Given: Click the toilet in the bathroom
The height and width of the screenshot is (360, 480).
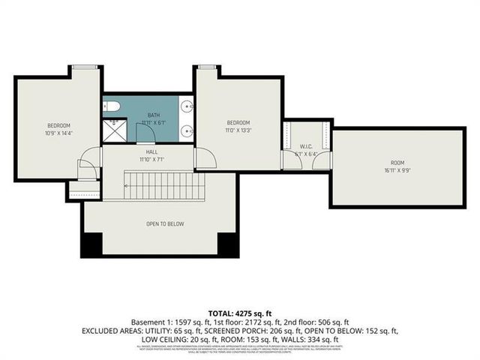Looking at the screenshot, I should click(x=109, y=105).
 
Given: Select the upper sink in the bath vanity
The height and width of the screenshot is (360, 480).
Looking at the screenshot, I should click(x=187, y=106).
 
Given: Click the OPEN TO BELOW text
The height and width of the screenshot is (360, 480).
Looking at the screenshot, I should click(x=164, y=223).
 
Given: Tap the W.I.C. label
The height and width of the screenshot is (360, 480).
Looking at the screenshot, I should click(x=305, y=147).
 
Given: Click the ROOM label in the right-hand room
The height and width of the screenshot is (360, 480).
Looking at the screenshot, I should click(x=396, y=163).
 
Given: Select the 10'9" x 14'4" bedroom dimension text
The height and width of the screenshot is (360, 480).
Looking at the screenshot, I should click(x=58, y=133).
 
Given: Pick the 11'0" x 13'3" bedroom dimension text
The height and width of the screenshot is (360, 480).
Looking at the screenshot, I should click(x=238, y=130).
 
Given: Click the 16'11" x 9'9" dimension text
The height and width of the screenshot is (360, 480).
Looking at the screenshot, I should click(x=396, y=170).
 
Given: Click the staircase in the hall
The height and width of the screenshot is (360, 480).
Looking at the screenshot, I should click(x=160, y=185).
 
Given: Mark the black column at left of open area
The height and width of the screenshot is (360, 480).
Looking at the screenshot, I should click(x=91, y=244).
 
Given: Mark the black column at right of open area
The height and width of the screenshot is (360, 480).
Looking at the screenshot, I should click(x=227, y=244).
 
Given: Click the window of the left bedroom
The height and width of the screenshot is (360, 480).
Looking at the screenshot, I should click(x=85, y=67).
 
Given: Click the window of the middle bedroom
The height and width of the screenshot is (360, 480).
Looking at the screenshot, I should click(x=208, y=67).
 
